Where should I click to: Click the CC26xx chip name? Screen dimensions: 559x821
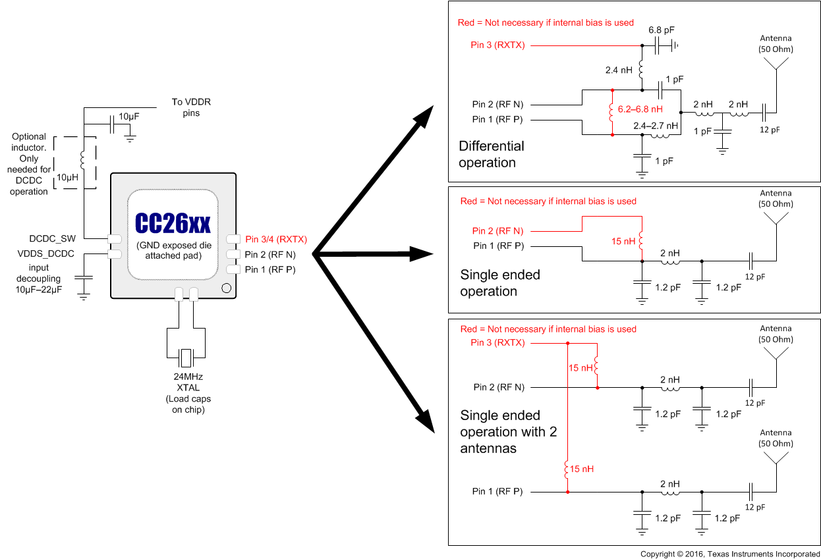173,224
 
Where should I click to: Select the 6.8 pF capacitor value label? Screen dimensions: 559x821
662,30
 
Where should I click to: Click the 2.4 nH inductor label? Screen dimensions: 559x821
619,69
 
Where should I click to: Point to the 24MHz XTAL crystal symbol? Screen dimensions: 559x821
186,358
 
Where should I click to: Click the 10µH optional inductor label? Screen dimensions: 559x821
67,178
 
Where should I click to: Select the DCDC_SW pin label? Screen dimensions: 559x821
52,238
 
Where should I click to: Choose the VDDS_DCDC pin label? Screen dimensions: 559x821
45,253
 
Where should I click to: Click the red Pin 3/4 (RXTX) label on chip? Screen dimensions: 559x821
275,239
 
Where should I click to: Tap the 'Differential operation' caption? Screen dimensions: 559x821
492,154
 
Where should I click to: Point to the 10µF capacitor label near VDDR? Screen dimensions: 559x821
128,117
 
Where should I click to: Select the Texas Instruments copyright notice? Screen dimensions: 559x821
729,554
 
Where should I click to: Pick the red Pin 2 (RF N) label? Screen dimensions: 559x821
497,230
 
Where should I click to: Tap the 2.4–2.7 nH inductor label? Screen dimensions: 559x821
655,125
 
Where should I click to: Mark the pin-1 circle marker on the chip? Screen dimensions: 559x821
226,288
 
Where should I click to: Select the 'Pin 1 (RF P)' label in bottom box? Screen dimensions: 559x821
497,491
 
